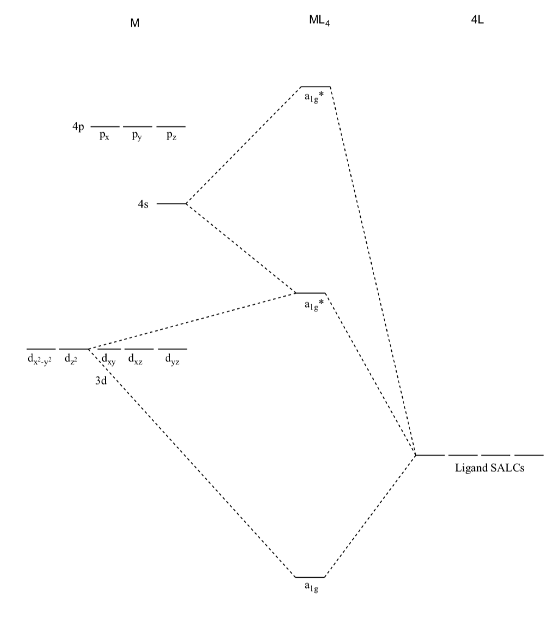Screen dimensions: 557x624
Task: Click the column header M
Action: click(x=135, y=23)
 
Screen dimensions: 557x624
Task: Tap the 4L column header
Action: click(x=478, y=20)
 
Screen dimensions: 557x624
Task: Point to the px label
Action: click(x=104, y=136)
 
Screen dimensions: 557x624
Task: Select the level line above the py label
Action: click(x=138, y=127)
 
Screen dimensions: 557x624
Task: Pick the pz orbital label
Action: click(x=172, y=136)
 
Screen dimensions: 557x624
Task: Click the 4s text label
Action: click(x=143, y=204)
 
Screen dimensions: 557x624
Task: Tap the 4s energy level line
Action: click(x=171, y=204)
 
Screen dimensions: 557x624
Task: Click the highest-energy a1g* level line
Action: click(x=316, y=87)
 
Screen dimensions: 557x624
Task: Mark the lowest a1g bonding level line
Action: click(x=310, y=576)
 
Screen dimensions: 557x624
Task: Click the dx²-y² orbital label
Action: click(x=40, y=360)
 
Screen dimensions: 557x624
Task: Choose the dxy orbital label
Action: click(x=108, y=360)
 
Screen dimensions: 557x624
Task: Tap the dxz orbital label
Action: click(x=135, y=360)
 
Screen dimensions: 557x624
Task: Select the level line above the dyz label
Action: click(x=172, y=349)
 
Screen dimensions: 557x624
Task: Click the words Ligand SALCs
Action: click(x=490, y=469)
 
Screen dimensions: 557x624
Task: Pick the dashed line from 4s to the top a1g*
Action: click(x=244, y=145)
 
